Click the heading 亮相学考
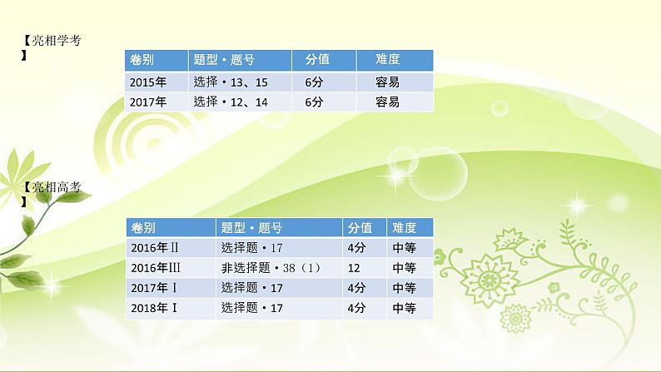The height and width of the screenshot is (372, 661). pyautogui.click(x=57, y=40)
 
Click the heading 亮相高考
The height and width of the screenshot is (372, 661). pyautogui.click(x=57, y=187)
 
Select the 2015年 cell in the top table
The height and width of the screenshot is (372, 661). pyautogui.click(x=148, y=82)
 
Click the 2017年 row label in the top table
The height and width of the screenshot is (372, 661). pyautogui.click(x=148, y=102)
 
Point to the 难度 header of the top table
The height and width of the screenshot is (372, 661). pyautogui.click(x=389, y=60)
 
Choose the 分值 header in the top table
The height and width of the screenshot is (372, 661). pyautogui.click(x=317, y=60)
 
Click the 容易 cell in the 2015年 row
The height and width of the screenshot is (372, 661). pyautogui.click(x=388, y=82)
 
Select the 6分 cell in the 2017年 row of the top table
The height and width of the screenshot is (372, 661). pyautogui.click(x=314, y=102)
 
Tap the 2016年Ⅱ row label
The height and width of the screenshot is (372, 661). pyautogui.click(x=155, y=247)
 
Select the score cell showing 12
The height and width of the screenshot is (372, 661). pyautogui.click(x=355, y=267)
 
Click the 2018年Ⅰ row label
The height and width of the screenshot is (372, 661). pyautogui.click(x=155, y=307)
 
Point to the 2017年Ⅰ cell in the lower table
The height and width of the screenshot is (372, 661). pyautogui.click(x=155, y=287)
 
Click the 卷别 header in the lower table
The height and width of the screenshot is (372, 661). pyautogui.click(x=143, y=227)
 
